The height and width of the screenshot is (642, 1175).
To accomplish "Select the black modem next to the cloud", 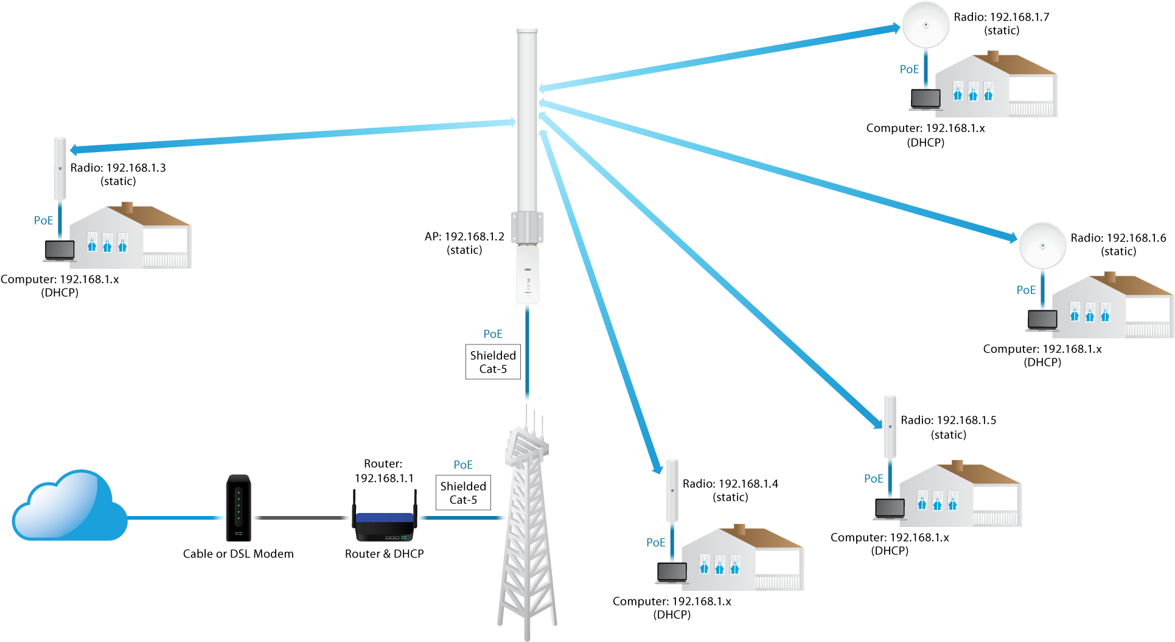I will [239, 507].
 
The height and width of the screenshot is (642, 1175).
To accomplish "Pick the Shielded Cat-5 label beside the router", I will [463, 493].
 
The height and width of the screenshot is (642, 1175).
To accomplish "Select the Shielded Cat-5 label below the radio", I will [493, 362].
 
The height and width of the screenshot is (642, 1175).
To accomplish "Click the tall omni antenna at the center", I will [527, 122].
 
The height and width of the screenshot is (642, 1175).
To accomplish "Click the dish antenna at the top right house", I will [926, 25].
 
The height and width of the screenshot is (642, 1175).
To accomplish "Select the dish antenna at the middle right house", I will [1042, 246].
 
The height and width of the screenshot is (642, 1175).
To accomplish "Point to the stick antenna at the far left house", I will [60, 168].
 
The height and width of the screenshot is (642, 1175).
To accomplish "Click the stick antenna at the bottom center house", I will [672, 490].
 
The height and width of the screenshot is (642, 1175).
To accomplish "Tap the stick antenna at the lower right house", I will [890, 426].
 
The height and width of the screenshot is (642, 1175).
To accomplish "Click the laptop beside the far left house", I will [60, 251].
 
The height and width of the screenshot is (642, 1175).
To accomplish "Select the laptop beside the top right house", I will [926, 100].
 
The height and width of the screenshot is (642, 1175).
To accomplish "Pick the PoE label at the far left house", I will [44, 220].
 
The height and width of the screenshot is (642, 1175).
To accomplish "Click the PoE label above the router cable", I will [463, 465].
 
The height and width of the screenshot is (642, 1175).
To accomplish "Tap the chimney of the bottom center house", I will [740, 530].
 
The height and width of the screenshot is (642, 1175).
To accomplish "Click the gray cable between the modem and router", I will [301, 518].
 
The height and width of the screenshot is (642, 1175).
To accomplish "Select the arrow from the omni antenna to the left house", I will [292, 136].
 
